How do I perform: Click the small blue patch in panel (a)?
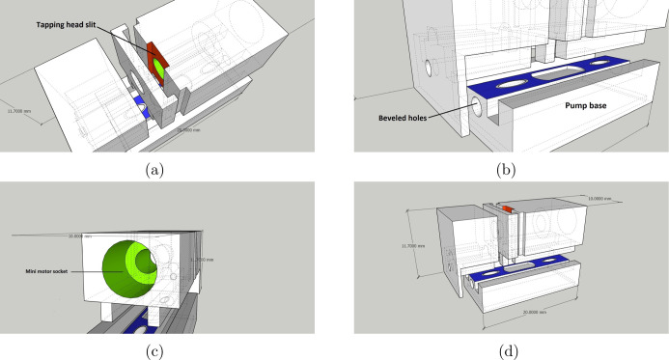click(x=141, y=105)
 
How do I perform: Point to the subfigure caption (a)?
click(x=154, y=168)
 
